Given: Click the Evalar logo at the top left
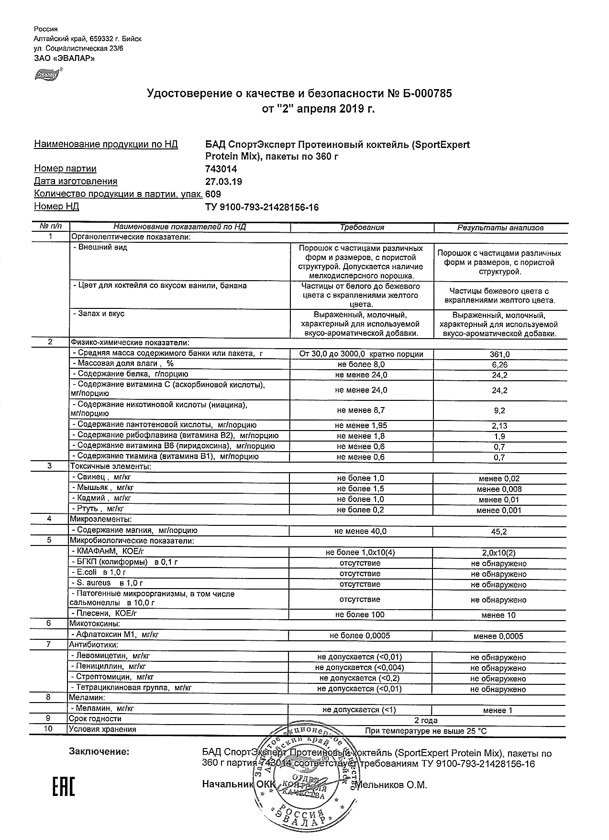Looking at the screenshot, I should (47, 74).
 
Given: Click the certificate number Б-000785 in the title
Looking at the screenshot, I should (426, 93).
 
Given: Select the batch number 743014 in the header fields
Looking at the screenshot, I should (221, 169).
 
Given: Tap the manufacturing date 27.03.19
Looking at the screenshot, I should (223, 182).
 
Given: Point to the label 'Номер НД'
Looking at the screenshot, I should (56, 206).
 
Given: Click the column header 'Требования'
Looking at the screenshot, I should (362, 227).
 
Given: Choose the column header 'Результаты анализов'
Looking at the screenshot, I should (500, 228).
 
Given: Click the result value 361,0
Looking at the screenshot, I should (500, 354).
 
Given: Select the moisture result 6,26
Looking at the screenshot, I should (500, 365).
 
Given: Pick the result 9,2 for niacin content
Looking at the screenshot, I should (500, 410).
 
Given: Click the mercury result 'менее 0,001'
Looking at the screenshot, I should (499, 510).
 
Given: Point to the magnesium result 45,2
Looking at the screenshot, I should (500, 532).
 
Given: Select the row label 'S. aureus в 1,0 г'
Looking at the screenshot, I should (107, 583).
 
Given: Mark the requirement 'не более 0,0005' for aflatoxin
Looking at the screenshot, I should (360, 636).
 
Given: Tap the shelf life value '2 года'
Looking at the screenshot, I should (425, 720).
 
